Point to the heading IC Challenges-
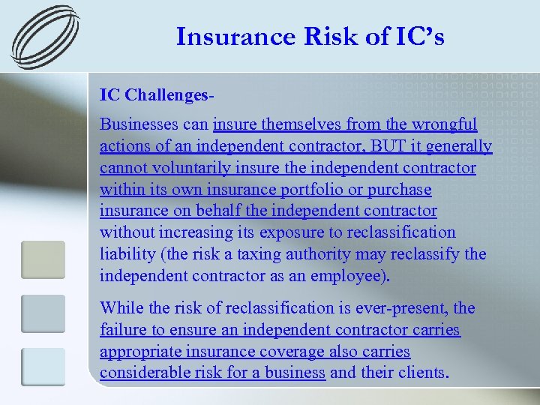tap(157, 95)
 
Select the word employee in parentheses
tap(346, 275)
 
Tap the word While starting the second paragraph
tap(121, 308)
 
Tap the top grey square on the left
tap(43, 259)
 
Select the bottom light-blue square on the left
tap(43, 367)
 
